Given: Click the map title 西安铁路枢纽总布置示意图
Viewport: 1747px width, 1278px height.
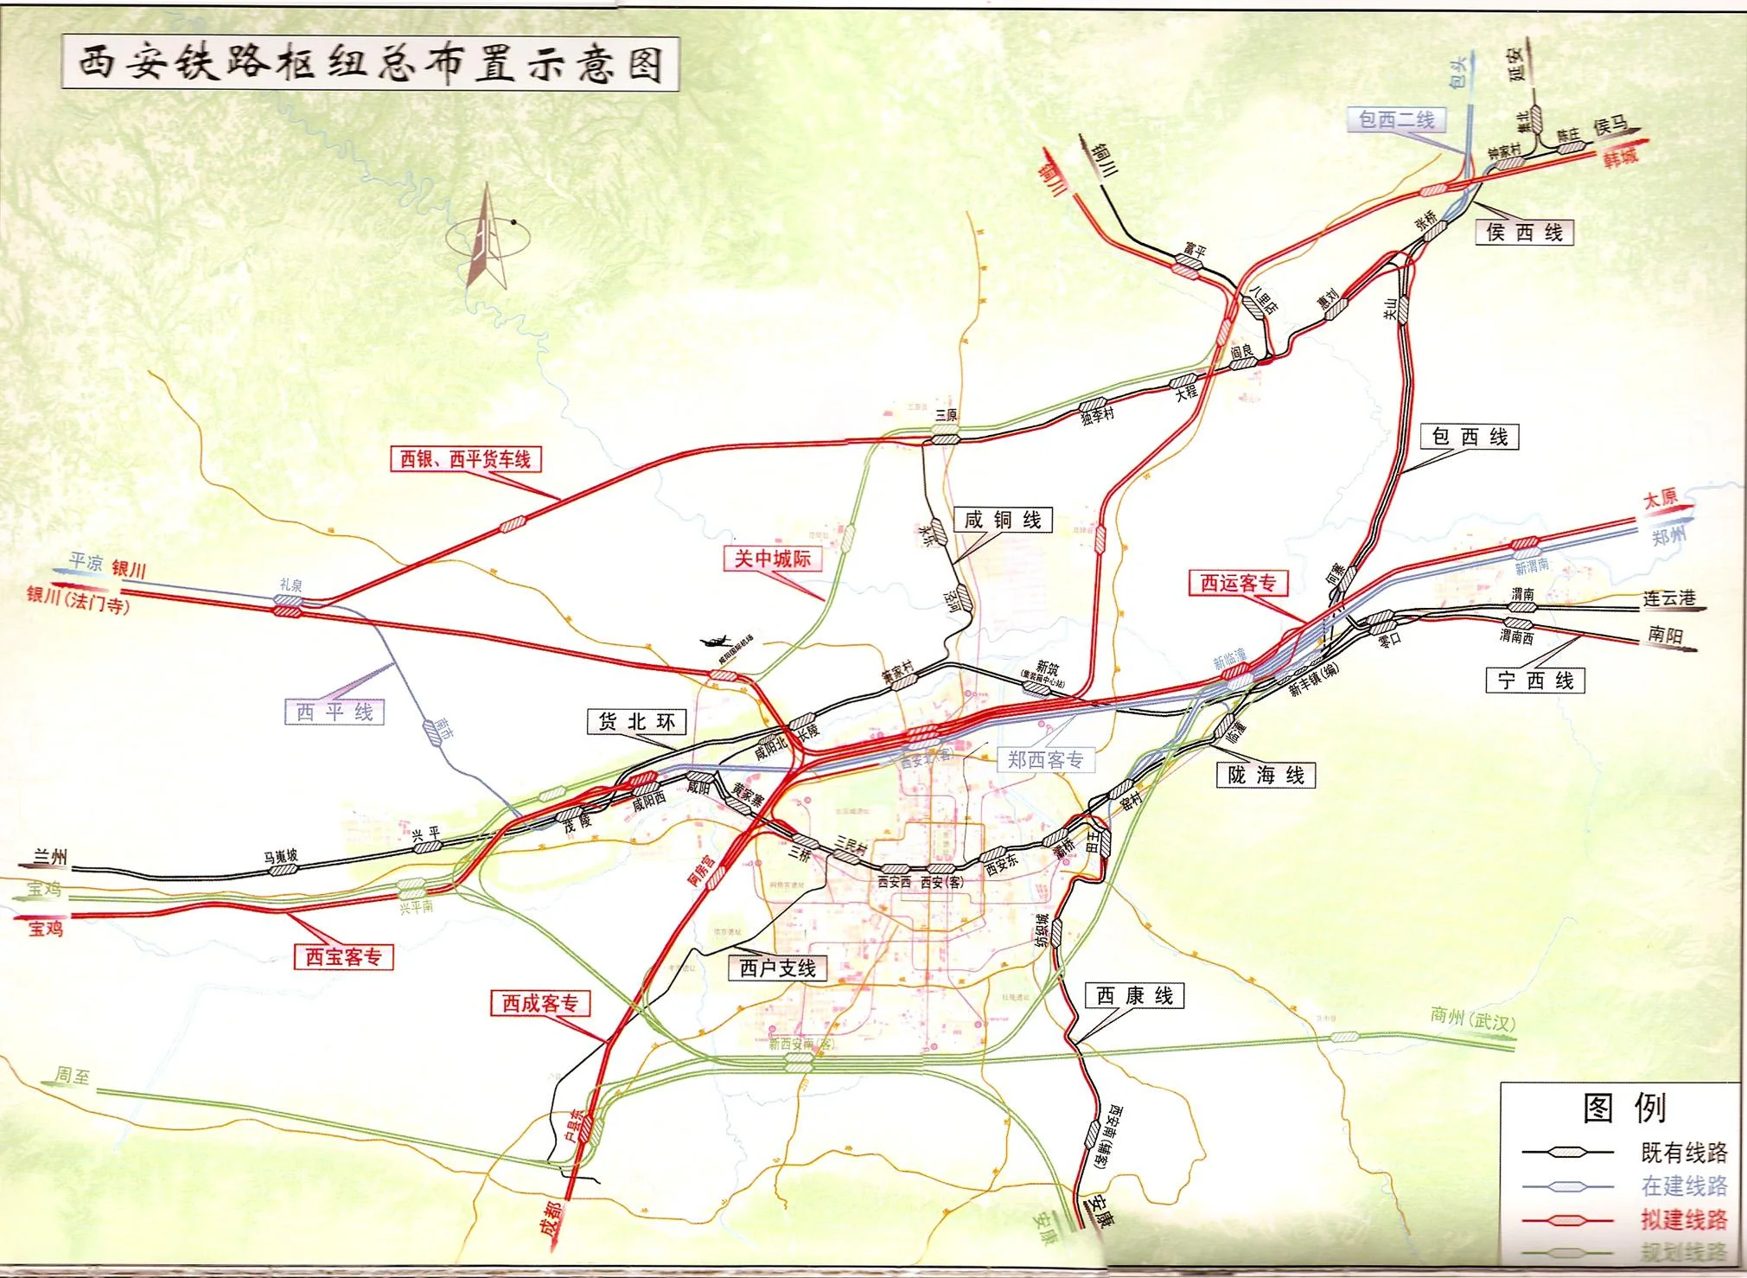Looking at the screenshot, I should [370, 62].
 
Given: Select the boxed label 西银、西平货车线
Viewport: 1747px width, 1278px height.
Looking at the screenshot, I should [465, 458].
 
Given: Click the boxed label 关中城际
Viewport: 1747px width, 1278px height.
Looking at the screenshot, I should [772, 559].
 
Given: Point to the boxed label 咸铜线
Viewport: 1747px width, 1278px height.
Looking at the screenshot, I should [1003, 520].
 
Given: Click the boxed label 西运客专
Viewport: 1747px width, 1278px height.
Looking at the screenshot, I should [1238, 583].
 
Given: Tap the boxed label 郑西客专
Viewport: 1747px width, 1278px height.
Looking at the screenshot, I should [1045, 759].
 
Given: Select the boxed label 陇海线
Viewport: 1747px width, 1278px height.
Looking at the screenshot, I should [1266, 775].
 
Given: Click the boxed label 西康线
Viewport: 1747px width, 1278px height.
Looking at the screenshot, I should [1134, 996].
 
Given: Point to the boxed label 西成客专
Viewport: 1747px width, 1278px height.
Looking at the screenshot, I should [540, 1003].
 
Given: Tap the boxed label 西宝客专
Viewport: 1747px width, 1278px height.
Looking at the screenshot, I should [343, 956].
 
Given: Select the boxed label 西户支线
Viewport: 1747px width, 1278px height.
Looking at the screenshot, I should [778, 968].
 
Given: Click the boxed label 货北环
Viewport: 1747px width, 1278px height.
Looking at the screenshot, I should [636, 721].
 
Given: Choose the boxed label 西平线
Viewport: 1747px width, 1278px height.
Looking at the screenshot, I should [334, 712].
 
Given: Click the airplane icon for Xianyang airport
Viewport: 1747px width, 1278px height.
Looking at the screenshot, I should [717, 642].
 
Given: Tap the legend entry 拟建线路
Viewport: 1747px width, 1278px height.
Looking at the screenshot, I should [1683, 1219].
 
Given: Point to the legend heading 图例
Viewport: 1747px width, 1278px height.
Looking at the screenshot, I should [1623, 1108].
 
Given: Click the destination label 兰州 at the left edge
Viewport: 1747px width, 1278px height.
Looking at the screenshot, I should [50, 857].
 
